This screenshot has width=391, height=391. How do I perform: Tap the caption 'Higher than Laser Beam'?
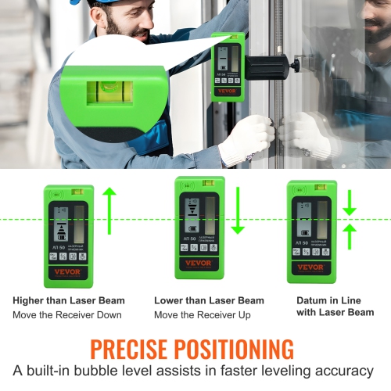69,300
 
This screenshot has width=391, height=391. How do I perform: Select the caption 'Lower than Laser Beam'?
209,300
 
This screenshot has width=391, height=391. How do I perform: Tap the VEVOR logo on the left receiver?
67,272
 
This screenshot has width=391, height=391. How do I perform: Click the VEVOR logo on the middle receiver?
199,264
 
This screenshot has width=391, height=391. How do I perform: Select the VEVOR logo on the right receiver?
310,267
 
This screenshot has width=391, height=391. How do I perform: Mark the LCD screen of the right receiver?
310,218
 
